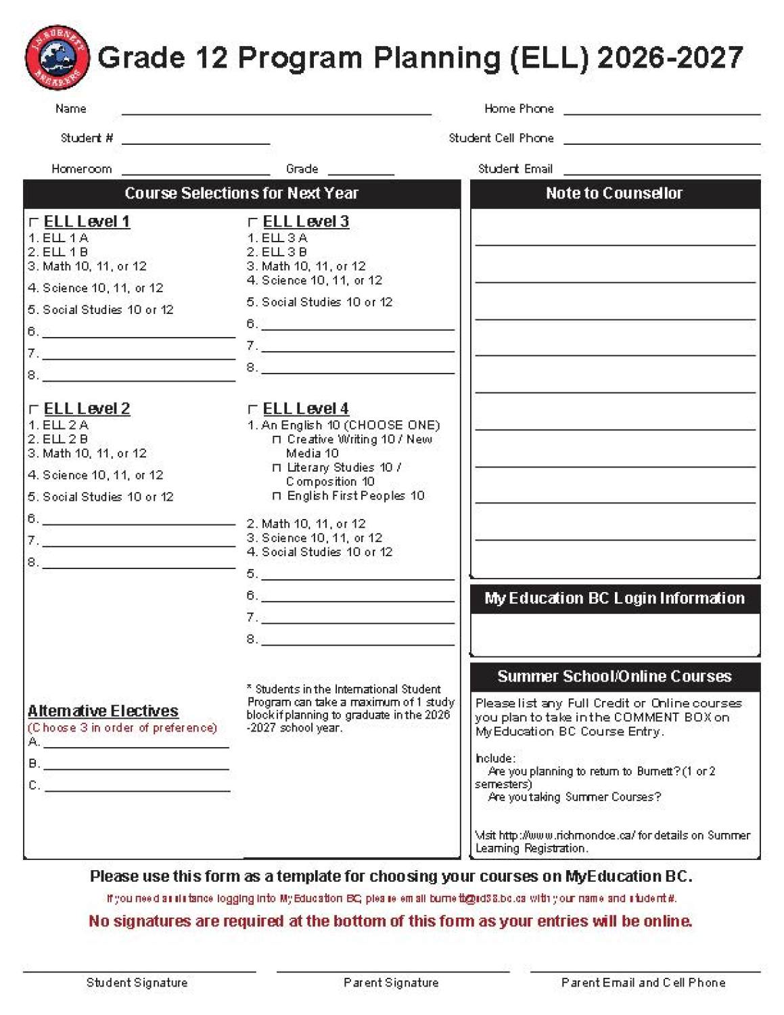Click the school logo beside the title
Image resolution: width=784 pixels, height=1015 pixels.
click(x=57, y=58)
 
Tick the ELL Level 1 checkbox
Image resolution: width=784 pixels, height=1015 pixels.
click(x=34, y=222)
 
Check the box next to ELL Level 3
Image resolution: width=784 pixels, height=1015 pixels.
click(x=253, y=222)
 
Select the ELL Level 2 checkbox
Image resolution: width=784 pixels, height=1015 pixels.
click(x=34, y=409)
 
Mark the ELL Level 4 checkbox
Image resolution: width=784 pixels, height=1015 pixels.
click(x=253, y=409)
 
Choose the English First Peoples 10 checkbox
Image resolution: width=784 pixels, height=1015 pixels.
click(x=276, y=496)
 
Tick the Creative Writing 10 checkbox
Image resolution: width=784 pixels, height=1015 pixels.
click(x=276, y=440)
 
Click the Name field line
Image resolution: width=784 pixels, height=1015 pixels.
click(x=276, y=110)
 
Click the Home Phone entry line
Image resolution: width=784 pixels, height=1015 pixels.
click(x=662, y=110)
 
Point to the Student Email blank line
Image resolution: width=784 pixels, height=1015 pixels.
click(x=662, y=170)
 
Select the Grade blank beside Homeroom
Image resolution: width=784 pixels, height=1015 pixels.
click(x=361, y=170)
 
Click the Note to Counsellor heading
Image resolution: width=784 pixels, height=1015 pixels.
click(x=614, y=194)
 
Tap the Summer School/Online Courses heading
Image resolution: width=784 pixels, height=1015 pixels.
click(x=614, y=676)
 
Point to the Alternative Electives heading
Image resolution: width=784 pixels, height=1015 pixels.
click(x=103, y=710)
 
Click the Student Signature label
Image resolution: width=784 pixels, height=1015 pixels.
click(x=137, y=983)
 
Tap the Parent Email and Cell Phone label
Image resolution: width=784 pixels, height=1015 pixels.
click(x=643, y=983)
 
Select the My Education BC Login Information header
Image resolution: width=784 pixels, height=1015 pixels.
click(x=614, y=598)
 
